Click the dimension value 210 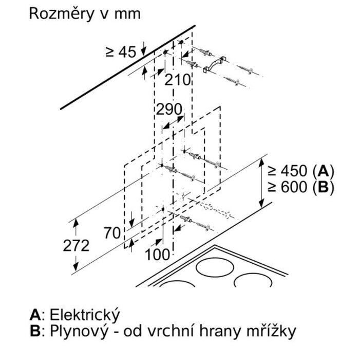click(178, 80)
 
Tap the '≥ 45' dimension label click(121, 51)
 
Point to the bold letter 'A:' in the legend click(36, 315)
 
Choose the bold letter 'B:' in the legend click(36, 332)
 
